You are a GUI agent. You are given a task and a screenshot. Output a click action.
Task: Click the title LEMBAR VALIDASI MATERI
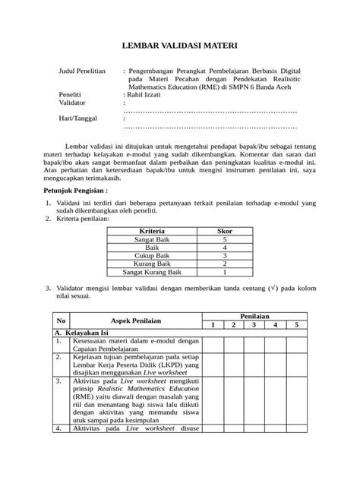point(179,46)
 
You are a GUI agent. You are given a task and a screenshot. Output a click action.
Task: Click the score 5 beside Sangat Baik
point(225,239)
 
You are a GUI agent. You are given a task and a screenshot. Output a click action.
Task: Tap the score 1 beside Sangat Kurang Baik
point(225,272)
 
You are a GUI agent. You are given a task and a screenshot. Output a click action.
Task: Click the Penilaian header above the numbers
point(256,315)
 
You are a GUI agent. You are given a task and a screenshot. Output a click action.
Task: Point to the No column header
point(62,321)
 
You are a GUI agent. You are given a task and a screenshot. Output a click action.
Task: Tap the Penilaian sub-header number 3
point(256,325)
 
